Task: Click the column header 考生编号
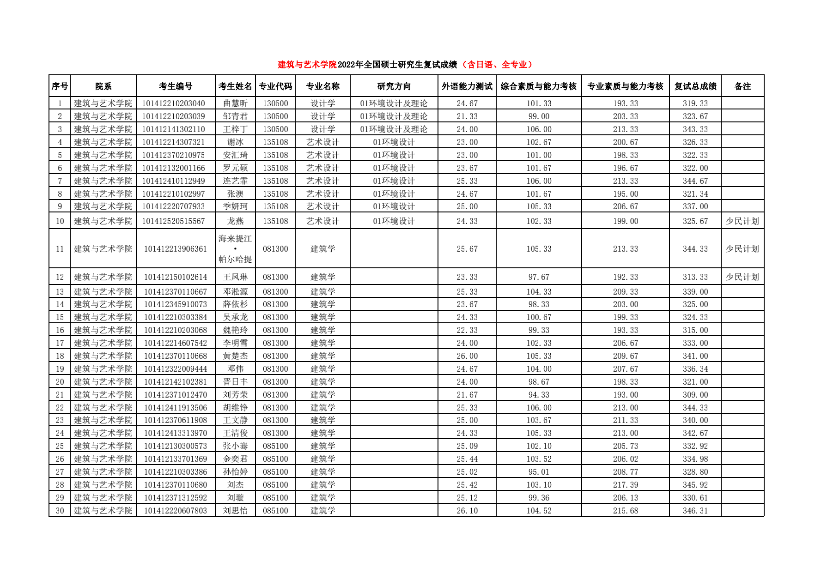(x=176, y=86)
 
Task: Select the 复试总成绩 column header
(x=695, y=86)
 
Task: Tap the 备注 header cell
(x=742, y=86)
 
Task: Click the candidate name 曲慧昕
(x=235, y=103)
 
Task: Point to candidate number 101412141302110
(x=173, y=129)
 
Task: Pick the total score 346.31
(x=695, y=511)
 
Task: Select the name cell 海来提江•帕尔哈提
(x=235, y=249)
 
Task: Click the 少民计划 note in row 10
(x=742, y=221)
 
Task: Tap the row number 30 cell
(x=60, y=511)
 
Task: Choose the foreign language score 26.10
(x=467, y=511)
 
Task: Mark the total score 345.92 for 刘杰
(x=695, y=485)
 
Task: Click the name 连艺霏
(x=235, y=181)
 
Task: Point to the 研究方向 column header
(x=394, y=86)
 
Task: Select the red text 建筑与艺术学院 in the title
(x=307, y=65)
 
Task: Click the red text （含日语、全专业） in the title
(x=497, y=65)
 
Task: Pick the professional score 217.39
(x=625, y=485)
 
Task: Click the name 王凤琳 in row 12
(x=235, y=277)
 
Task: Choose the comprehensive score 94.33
(x=539, y=395)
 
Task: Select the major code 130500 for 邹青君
(x=275, y=116)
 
